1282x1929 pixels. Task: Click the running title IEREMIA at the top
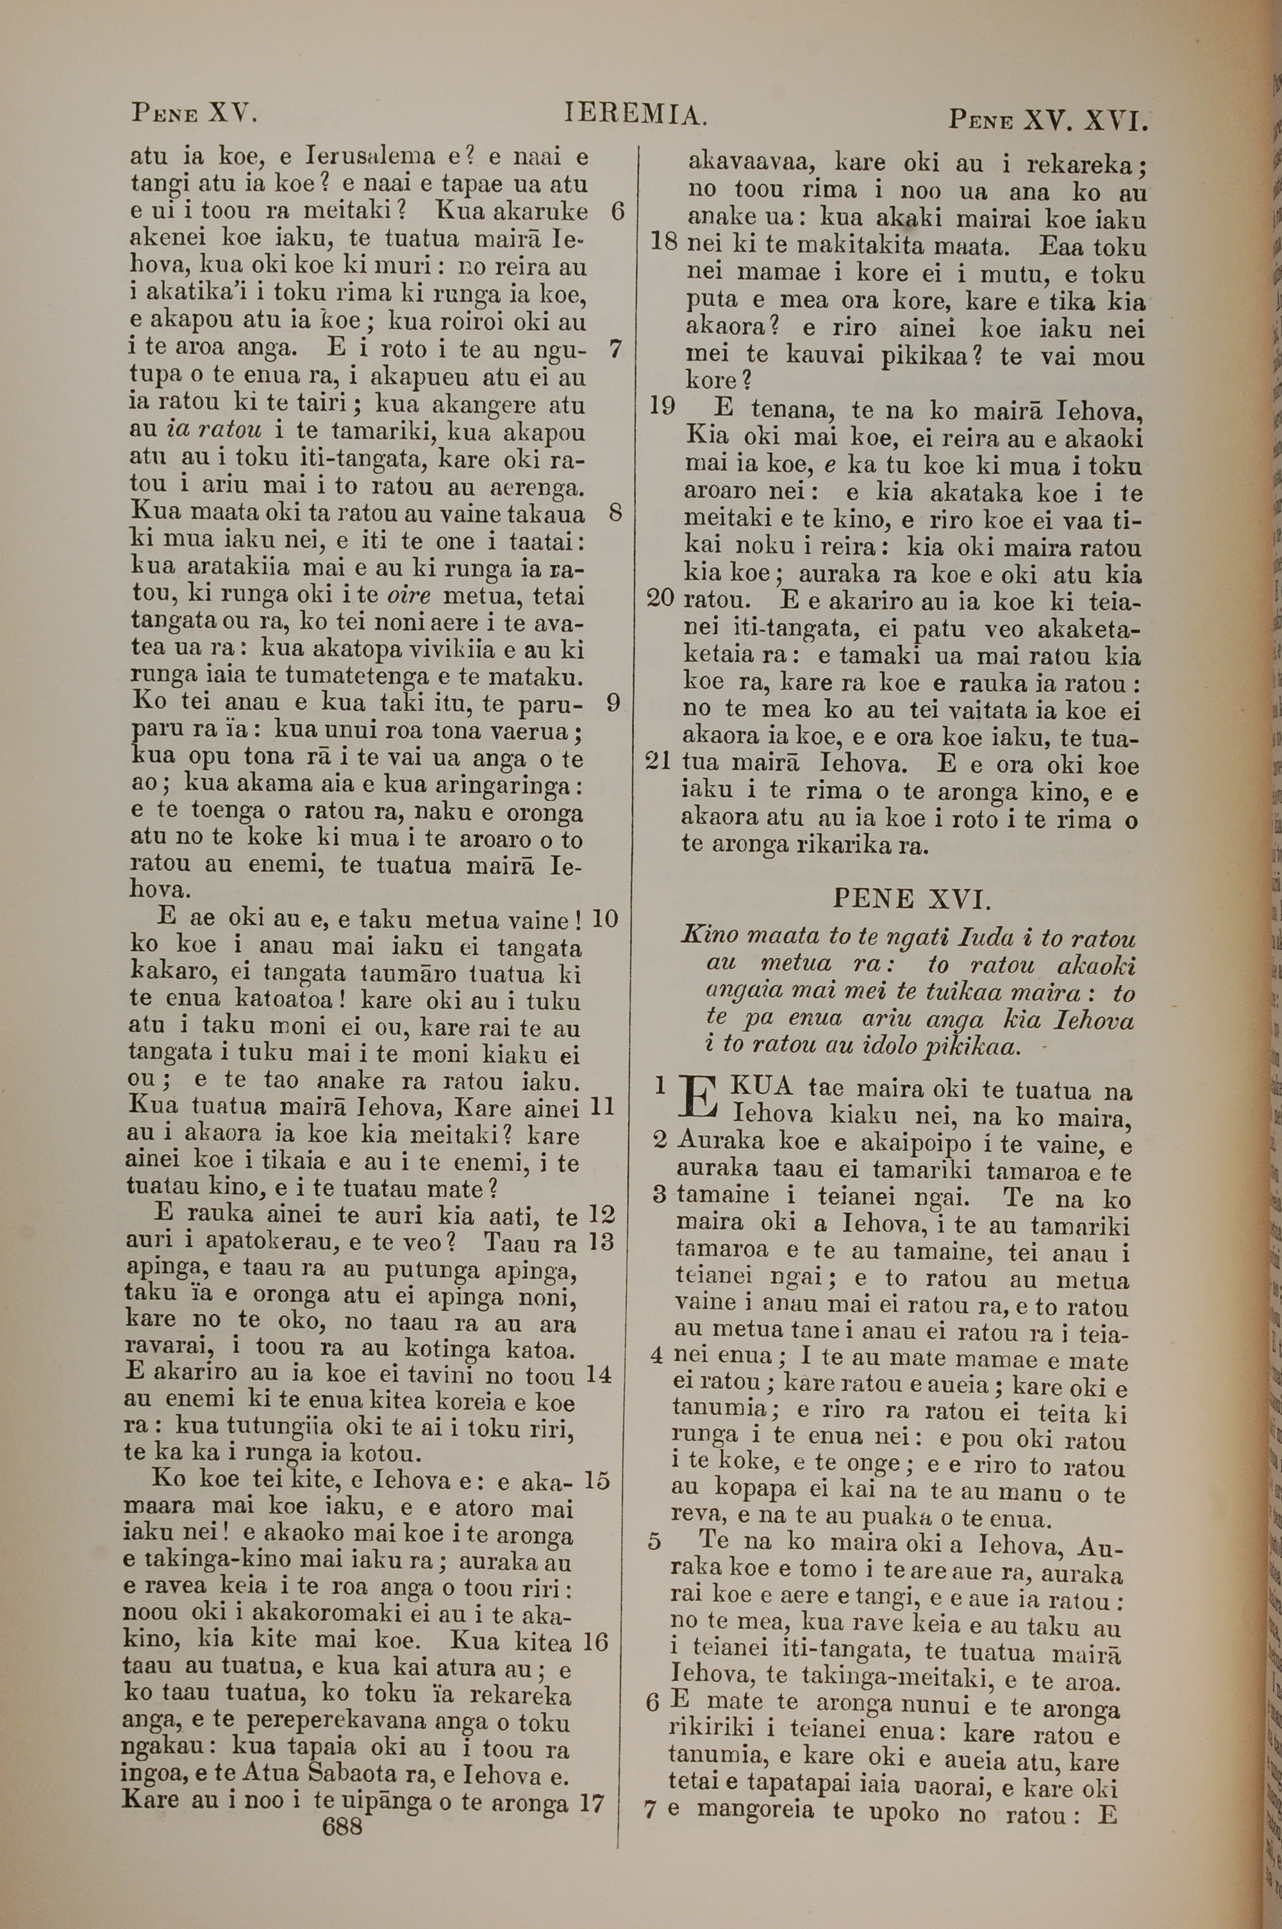coord(635,113)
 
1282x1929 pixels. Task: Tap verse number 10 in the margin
coord(604,918)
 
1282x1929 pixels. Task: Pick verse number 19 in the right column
coord(662,405)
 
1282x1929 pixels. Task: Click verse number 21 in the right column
coord(658,761)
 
